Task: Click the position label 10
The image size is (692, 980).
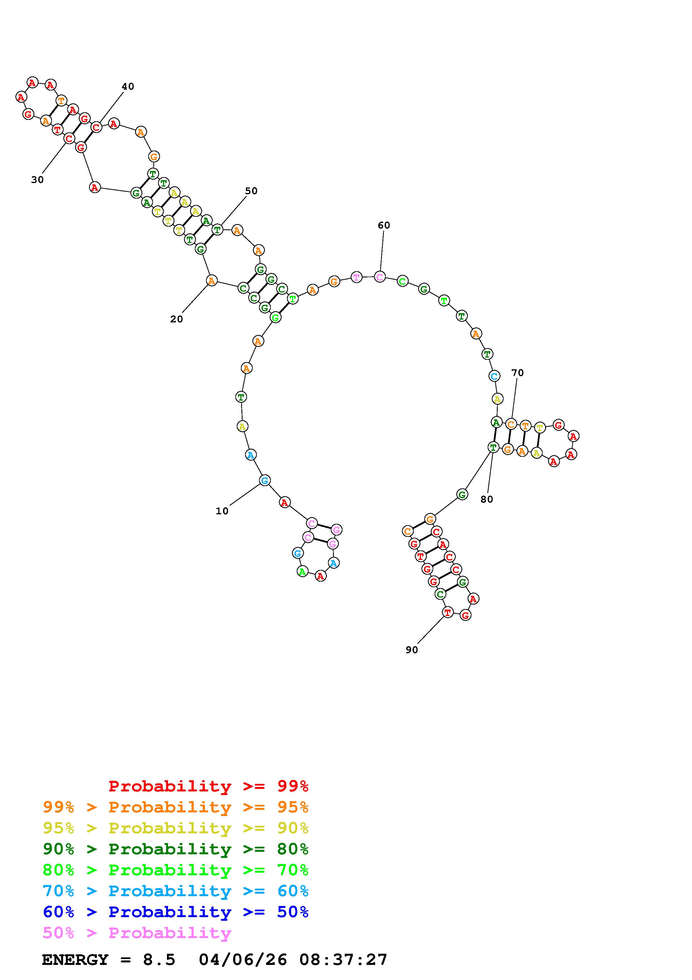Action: point(222,511)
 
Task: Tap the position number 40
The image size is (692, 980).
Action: point(128,86)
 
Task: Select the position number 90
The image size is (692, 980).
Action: point(411,650)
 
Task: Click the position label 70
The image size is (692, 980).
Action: point(517,373)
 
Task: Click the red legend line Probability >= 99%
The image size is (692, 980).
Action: point(209,786)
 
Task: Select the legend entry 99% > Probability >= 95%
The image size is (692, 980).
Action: point(176,807)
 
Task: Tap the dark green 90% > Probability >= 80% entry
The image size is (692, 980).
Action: point(176,849)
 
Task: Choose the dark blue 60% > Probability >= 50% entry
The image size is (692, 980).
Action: point(176,912)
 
